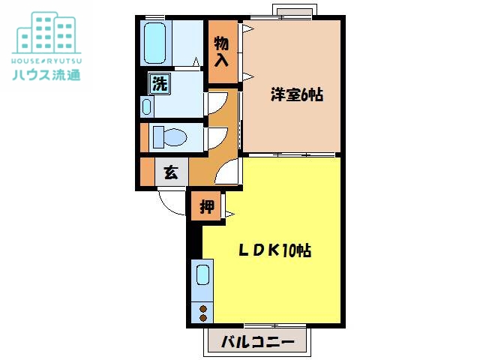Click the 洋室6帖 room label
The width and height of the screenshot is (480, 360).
pyautogui.click(x=296, y=95)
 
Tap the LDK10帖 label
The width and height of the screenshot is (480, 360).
pyautogui.click(x=274, y=251)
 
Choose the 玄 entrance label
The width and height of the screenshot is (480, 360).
pyautogui.click(x=171, y=172)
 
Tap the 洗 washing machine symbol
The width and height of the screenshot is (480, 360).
pyautogui.click(x=159, y=83)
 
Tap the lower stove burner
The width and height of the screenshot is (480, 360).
pyautogui.click(x=203, y=317)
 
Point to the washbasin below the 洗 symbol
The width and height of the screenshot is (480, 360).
pyautogui.click(x=147, y=106)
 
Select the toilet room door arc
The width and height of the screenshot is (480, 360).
pyautogui.click(x=217, y=137)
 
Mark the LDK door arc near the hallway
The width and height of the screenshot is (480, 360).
pyautogui.click(x=226, y=174)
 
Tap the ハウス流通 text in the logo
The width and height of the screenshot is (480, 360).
pyautogui.click(x=46, y=74)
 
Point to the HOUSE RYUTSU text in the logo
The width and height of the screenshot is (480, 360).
pyautogui.click(x=46, y=58)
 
